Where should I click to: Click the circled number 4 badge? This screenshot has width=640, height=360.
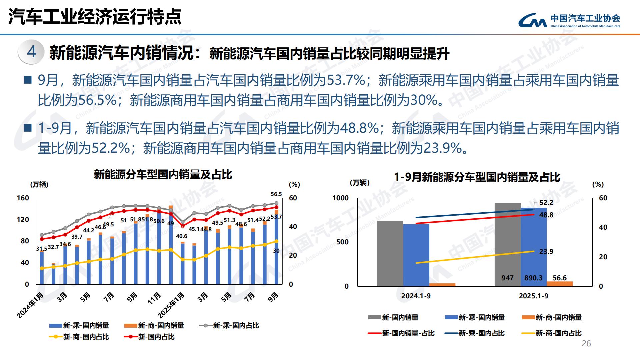31,52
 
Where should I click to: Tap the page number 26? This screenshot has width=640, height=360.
586,344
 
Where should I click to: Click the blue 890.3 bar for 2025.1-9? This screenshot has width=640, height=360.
533,247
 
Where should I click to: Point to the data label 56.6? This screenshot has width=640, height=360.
559,278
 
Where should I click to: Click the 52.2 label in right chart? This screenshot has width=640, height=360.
546,203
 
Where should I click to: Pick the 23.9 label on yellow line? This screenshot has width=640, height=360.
546,252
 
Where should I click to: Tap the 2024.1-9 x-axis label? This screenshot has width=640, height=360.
416,296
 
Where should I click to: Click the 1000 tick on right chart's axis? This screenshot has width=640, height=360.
340,198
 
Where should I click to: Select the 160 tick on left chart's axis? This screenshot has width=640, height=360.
23,198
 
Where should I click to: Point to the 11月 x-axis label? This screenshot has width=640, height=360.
154,298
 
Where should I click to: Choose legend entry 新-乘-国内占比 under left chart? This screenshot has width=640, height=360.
235,326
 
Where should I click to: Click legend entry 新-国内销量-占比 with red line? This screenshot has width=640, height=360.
408,333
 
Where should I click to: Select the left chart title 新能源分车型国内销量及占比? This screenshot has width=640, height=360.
163,174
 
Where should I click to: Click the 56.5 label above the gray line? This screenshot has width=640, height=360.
276,194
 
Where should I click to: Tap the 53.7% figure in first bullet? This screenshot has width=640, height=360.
346,80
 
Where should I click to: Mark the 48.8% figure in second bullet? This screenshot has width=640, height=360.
359,128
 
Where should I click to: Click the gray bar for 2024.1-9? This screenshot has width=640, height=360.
390,253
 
